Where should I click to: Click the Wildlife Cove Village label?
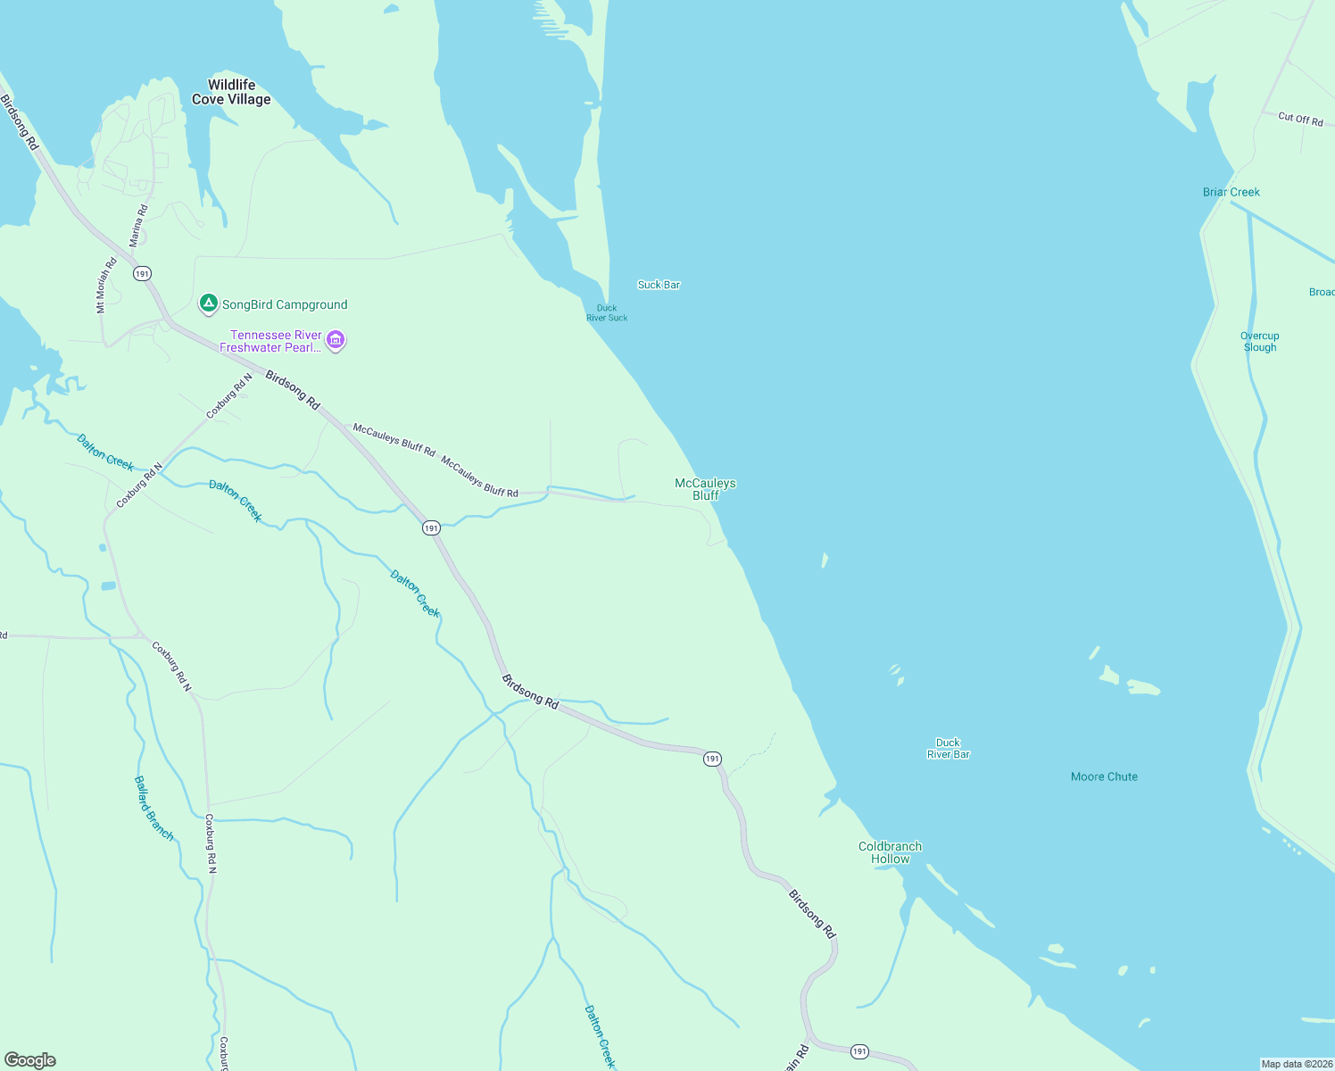231,92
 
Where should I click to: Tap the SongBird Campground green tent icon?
208,304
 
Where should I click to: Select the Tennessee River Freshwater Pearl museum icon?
336,340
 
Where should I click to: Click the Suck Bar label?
659,285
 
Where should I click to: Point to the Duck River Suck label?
607,313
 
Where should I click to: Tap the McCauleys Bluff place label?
705,489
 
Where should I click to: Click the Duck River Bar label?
948,748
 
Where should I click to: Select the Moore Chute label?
1104,776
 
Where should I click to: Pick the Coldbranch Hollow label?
890,852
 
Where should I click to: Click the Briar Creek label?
1231,192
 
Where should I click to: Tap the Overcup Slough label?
1259,342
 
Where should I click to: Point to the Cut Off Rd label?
1300,119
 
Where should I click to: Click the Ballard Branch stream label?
153,808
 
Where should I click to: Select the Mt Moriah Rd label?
106,286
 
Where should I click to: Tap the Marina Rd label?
138,226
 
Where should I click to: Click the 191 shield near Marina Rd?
142,274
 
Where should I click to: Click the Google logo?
30,1060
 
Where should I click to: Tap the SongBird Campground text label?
285,304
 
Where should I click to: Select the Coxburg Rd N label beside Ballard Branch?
211,843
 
